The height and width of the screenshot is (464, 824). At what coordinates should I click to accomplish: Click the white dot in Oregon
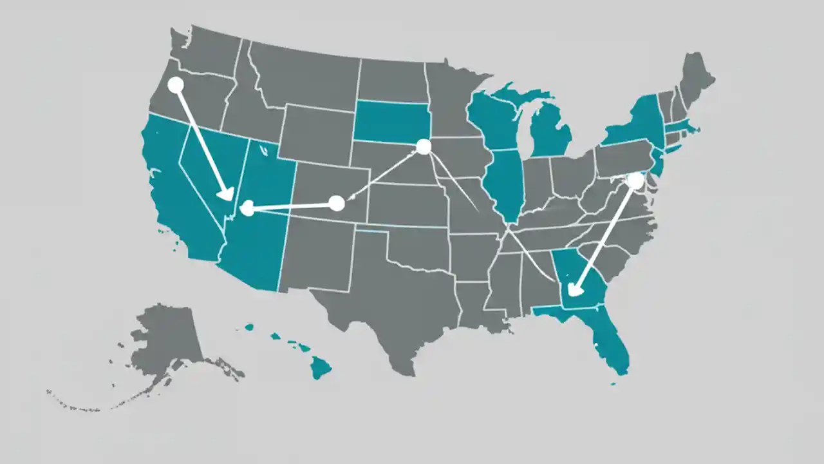175,84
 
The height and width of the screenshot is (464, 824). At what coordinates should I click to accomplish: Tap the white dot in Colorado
336,204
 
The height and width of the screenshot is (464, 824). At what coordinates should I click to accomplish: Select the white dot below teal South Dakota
423,147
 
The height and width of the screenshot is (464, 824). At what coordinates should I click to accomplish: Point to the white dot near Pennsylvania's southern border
635,180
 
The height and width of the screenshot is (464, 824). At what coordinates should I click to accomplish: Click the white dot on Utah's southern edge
247,208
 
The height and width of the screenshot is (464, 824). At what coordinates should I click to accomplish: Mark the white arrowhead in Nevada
226,193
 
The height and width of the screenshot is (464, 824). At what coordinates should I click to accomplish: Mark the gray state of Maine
697,74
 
